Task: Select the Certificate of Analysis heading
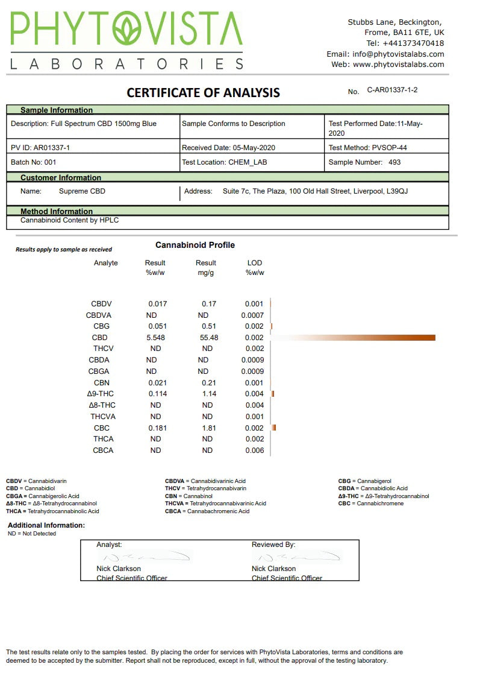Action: coord(203,93)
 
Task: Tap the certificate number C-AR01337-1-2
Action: coord(392,90)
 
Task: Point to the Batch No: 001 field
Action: coord(34,162)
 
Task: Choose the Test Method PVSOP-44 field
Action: coord(372,147)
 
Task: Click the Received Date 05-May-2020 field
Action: coord(229,147)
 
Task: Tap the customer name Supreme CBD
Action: coord(82,191)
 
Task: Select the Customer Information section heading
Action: coord(61,177)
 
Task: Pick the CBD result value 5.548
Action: coord(155,338)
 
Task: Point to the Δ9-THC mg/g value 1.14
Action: coord(208,394)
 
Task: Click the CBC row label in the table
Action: coord(101,428)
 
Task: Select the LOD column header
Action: coord(255,263)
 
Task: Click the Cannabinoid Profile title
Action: coord(195,245)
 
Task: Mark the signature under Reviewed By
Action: coord(295,556)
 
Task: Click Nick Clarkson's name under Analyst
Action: coord(119,569)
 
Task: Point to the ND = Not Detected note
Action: coord(32,534)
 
